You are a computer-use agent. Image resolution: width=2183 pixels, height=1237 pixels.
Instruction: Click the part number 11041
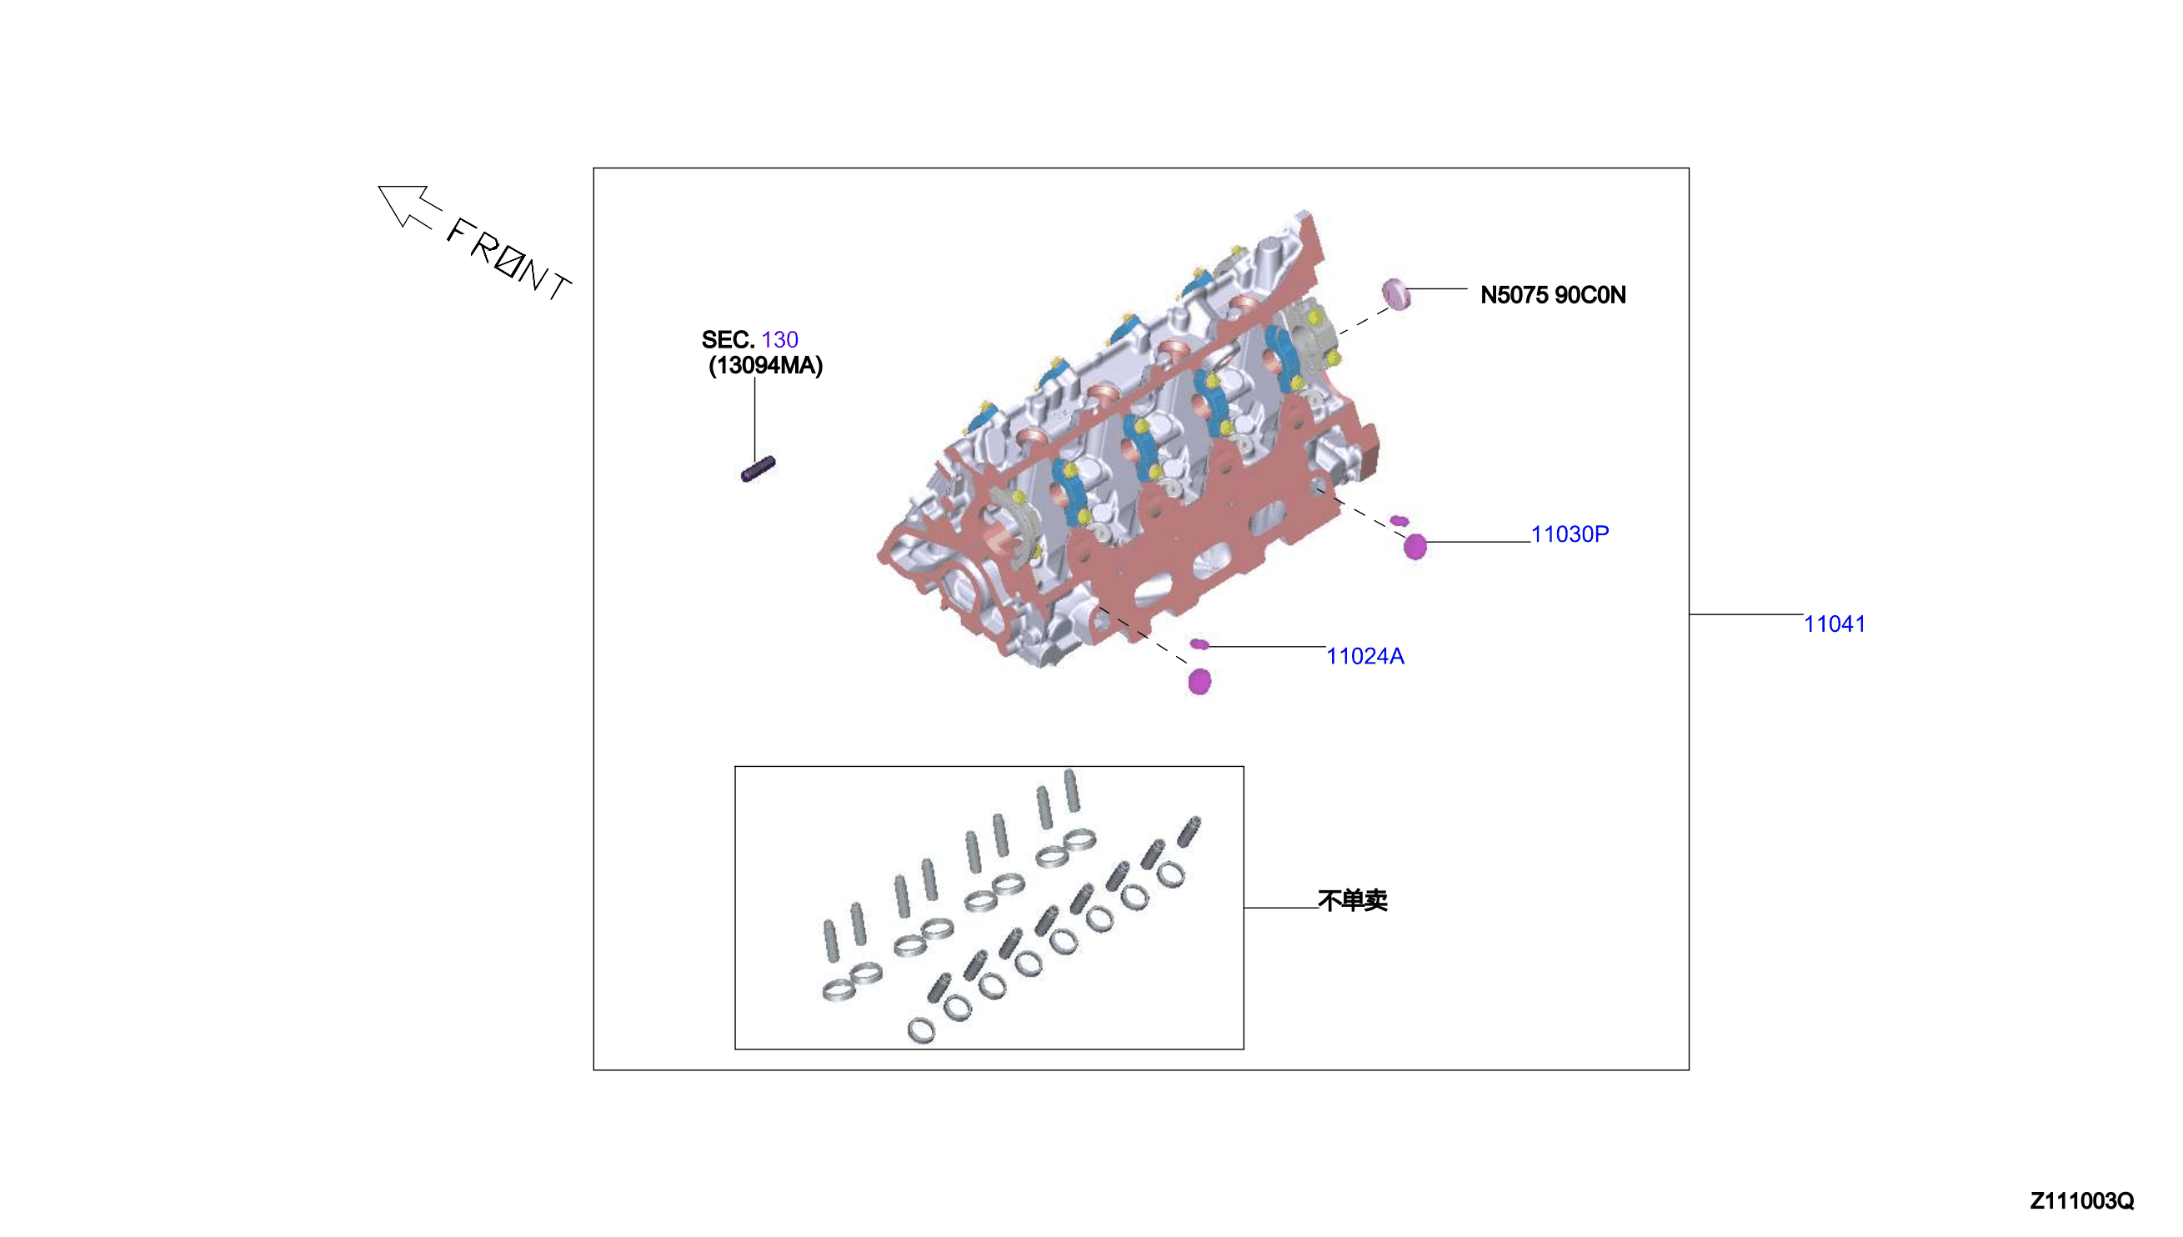point(1834,624)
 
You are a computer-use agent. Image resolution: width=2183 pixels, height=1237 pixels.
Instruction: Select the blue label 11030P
point(1569,533)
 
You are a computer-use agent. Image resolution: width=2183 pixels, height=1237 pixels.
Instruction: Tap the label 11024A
point(1365,656)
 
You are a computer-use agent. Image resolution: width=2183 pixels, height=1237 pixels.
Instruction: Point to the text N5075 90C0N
point(1553,295)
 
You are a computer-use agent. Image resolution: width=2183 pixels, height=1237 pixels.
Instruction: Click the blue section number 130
point(780,340)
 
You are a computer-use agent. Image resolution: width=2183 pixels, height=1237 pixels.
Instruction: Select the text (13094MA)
point(765,365)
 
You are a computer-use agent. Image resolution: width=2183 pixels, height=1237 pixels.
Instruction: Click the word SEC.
point(728,340)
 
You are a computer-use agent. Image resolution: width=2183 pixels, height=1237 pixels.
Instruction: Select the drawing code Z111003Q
point(2081,1200)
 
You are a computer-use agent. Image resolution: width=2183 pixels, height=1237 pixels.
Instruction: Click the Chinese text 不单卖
point(1352,899)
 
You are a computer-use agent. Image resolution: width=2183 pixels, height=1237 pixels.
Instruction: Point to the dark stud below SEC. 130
point(758,469)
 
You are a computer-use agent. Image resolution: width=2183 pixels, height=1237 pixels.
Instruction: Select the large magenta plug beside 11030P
point(1414,546)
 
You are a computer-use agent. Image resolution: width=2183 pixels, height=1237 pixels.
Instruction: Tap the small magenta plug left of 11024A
point(1199,644)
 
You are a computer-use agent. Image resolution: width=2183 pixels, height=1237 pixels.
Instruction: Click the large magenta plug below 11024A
point(1199,680)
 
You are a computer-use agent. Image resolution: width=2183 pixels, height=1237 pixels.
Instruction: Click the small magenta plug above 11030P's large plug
point(1399,521)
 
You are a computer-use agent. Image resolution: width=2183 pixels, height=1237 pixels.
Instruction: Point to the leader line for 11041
point(1745,613)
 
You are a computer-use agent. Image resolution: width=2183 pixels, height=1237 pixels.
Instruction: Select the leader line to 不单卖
point(1281,908)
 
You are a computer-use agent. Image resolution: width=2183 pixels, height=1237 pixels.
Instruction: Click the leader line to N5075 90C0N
point(1437,289)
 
